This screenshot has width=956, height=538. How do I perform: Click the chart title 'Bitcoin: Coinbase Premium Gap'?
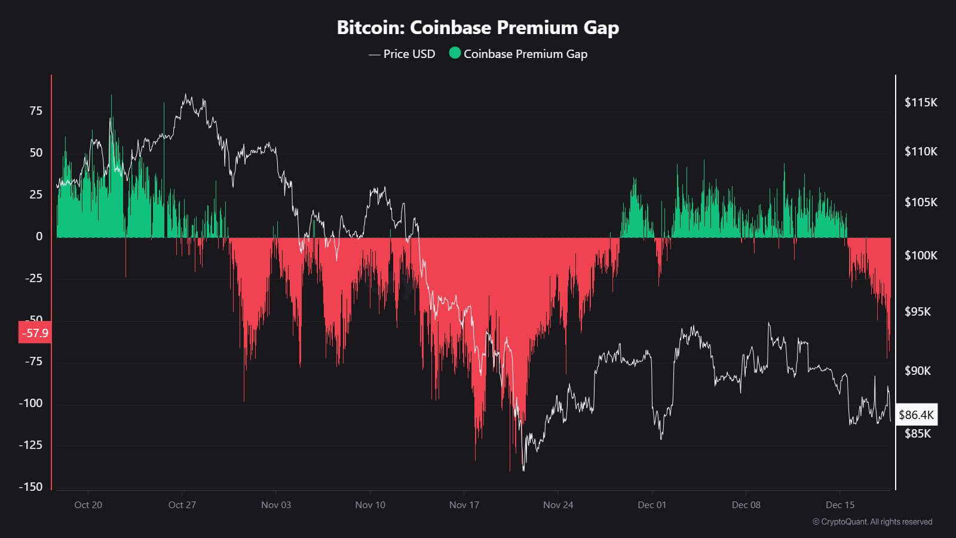[478, 27]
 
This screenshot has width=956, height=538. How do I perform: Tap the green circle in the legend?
[455, 53]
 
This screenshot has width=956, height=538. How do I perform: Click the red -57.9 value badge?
[35, 333]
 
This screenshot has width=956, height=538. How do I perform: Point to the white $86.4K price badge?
[916, 415]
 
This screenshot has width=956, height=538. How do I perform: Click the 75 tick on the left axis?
[36, 111]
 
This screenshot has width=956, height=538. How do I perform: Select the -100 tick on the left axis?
[31, 403]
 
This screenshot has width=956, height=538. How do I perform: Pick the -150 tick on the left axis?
[31, 487]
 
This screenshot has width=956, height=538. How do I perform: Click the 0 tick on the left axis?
[39, 236]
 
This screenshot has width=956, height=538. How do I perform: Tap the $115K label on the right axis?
[921, 102]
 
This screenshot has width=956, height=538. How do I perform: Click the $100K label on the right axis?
[921, 255]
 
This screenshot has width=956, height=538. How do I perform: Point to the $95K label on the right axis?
[918, 311]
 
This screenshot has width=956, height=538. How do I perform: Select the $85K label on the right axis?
[918, 433]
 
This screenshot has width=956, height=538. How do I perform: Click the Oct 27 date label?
[182, 505]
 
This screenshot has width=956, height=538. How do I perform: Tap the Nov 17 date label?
[464, 505]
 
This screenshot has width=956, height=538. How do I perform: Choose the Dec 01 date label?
[652, 505]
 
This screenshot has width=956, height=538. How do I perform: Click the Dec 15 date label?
[840, 505]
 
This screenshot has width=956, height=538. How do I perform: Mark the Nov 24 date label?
[558, 505]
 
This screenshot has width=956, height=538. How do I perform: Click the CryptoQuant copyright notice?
[872, 522]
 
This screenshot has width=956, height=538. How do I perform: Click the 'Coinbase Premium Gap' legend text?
[525, 54]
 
